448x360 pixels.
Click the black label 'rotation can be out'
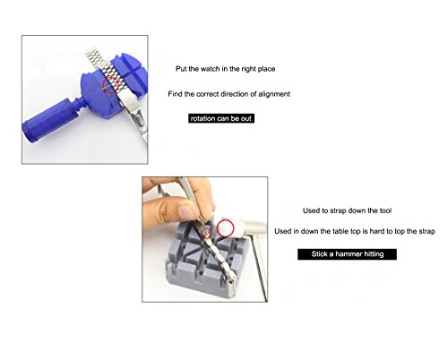(221, 118)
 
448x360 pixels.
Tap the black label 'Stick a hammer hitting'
(347, 254)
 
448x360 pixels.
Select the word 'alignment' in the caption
(274, 94)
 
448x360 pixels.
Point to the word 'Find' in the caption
(175, 94)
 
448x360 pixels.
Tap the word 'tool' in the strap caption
(385, 210)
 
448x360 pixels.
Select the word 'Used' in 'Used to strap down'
(311, 210)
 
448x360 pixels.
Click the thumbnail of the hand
(187, 211)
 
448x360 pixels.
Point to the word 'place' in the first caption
(266, 69)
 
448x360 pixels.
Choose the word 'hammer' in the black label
(348, 254)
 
